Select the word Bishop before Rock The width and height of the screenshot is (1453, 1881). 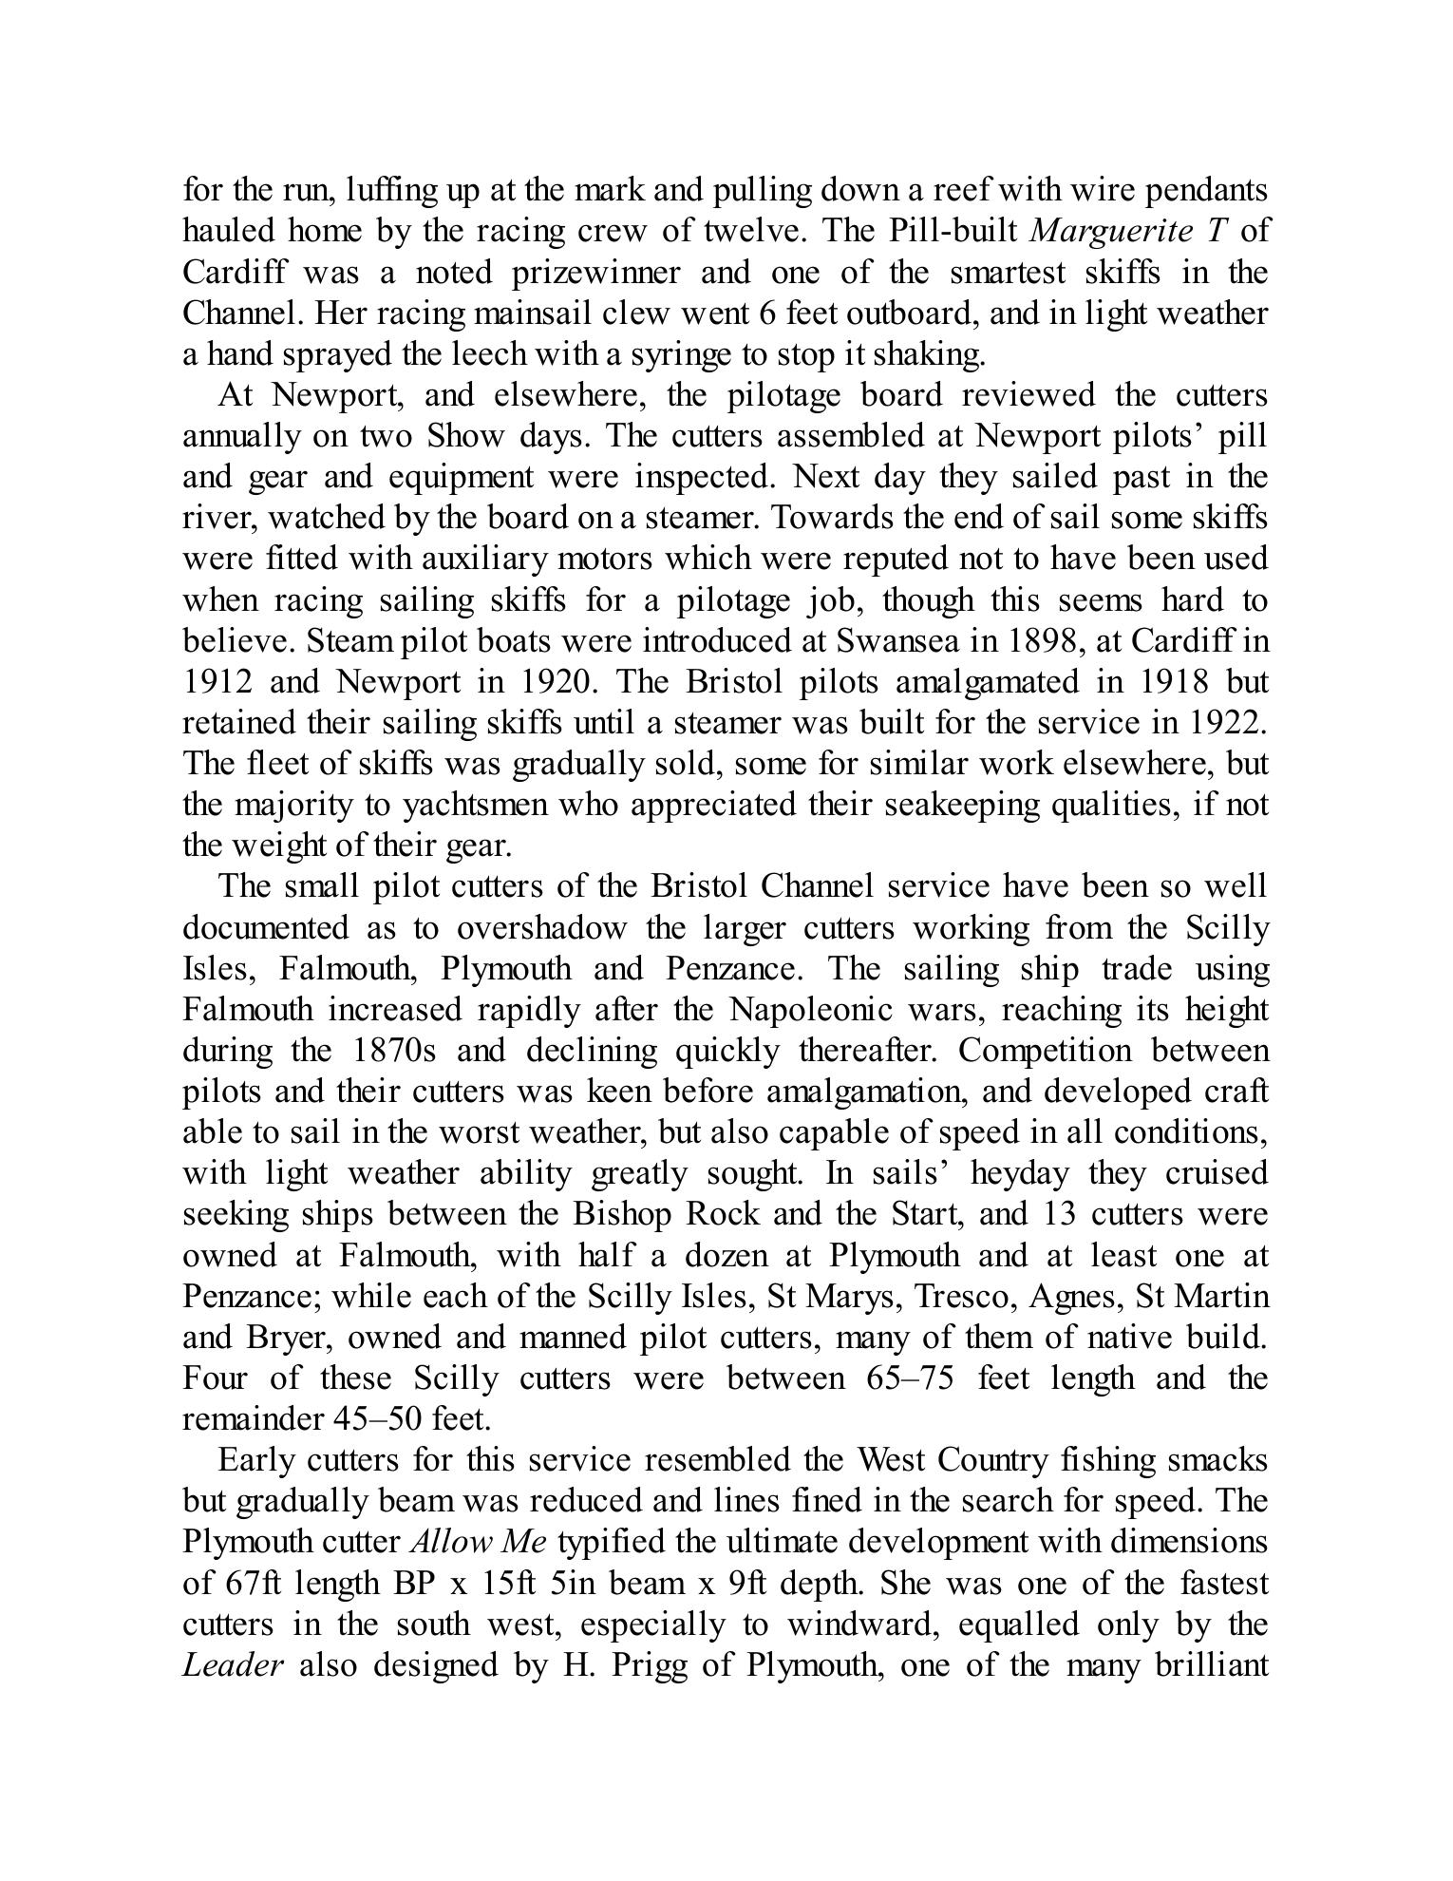tap(621, 1214)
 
